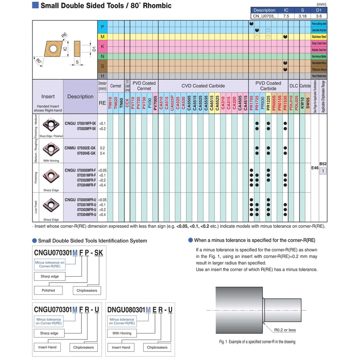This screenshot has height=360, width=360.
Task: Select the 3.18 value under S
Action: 302,16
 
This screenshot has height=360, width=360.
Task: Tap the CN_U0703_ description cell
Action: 264,16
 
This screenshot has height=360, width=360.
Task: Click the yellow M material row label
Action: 102,36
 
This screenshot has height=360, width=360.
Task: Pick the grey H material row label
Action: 102,76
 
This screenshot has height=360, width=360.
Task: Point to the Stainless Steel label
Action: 319,36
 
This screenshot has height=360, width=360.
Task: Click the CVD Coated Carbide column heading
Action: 203,86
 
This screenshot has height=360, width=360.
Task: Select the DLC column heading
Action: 294,86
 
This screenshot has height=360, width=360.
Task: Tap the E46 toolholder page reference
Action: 315,168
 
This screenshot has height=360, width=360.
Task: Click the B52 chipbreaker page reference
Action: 323,164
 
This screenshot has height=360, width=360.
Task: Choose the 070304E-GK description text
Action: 86,153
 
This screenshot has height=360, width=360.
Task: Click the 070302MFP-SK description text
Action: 86,129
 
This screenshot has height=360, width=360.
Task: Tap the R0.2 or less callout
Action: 285,330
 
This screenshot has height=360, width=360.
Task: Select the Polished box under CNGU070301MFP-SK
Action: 48,290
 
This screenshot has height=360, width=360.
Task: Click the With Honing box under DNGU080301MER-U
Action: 122,333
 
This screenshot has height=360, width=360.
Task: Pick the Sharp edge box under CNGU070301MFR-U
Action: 49,333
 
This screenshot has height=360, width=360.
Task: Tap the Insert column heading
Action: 48,97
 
